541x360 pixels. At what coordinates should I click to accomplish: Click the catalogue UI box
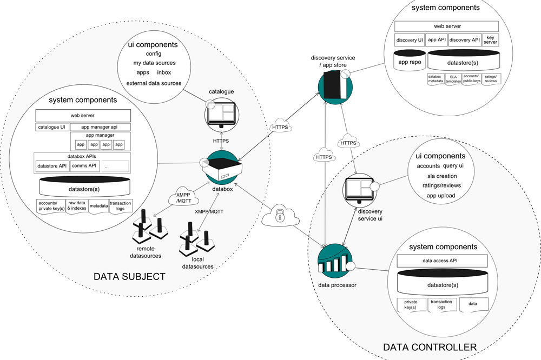click(x=51, y=128)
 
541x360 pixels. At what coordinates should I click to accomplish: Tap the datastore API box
click(x=51, y=166)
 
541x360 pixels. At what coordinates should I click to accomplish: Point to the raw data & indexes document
click(x=76, y=206)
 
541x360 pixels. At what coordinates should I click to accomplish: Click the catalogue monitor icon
click(x=222, y=115)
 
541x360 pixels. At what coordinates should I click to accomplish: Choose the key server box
click(x=490, y=40)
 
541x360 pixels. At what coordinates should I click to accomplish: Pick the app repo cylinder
click(x=410, y=62)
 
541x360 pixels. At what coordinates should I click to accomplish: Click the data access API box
click(x=443, y=261)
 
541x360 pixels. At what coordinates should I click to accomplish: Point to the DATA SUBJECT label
click(x=130, y=277)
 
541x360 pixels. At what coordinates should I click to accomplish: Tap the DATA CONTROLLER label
click(x=430, y=347)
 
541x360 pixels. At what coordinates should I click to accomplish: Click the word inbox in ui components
click(x=164, y=72)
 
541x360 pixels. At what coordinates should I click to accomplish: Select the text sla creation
click(x=442, y=176)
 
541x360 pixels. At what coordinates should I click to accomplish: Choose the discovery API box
click(x=464, y=40)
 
